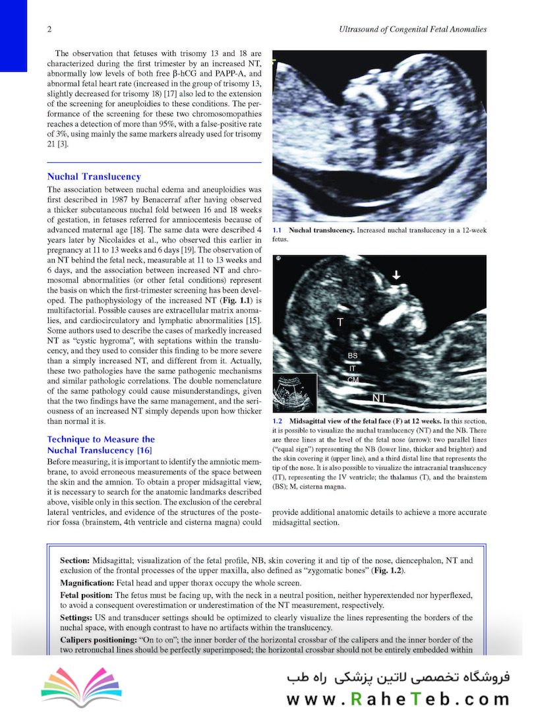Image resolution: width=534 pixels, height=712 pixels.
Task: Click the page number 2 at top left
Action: coord(49,30)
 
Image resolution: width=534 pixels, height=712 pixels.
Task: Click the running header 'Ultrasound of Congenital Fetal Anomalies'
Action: coord(411,30)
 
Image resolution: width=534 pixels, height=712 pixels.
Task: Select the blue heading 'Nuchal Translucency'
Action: coord(94,177)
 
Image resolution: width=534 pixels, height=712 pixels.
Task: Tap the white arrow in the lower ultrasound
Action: coord(396,276)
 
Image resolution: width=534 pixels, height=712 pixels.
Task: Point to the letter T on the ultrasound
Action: coord(341,322)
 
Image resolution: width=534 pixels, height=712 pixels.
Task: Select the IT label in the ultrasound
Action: coord(353,369)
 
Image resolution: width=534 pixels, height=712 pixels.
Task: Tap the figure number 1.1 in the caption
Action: coord(278,230)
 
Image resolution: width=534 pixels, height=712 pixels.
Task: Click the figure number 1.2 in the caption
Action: coord(278,421)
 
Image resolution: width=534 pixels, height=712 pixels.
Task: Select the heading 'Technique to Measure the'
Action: coord(101,439)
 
